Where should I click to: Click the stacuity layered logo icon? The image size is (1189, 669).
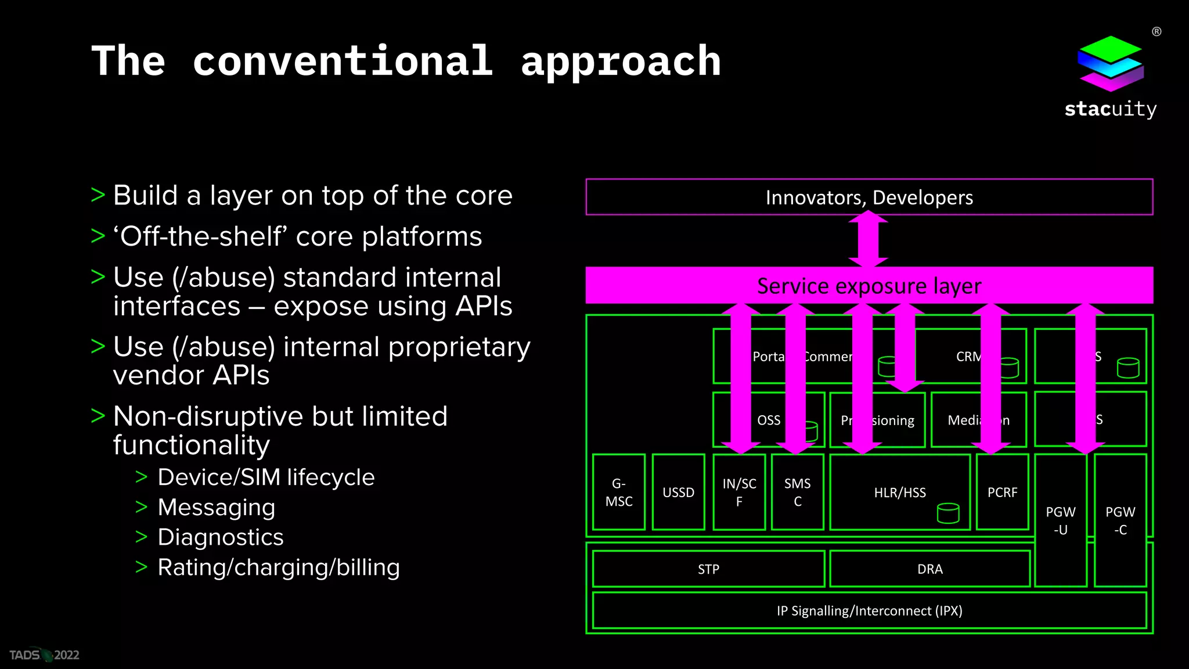coord(1110,64)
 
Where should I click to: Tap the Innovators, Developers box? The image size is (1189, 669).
coord(869,197)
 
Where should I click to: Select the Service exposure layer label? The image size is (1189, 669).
coord(869,286)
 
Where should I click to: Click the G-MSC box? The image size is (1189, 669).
coord(619,492)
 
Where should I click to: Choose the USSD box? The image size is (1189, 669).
coord(678,492)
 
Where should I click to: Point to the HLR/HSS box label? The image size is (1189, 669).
coord(900,492)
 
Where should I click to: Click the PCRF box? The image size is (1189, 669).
coord(1002,492)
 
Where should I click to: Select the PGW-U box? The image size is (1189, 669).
coord(1061,520)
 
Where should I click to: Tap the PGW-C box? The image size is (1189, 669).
coord(1120,520)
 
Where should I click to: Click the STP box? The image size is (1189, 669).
coord(708,569)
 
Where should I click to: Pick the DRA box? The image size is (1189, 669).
coord(929,569)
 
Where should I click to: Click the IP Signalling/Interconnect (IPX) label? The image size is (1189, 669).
coord(869,610)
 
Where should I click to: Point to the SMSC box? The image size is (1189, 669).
coord(797,492)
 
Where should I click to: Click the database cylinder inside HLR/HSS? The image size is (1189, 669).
coord(948,513)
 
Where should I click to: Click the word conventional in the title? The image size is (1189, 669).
coord(343,61)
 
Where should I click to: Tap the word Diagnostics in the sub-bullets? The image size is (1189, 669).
coord(221,537)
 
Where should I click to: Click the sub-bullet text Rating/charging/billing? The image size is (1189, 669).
coord(279,567)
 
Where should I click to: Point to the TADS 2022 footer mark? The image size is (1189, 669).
coord(44,655)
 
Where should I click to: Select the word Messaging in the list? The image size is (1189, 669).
coord(217,507)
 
